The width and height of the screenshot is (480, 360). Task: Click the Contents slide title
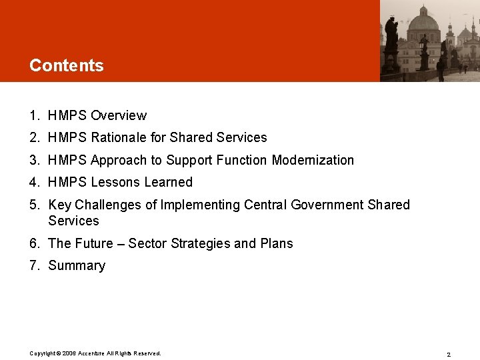(x=67, y=65)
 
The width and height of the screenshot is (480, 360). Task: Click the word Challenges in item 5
(x=110, y=205)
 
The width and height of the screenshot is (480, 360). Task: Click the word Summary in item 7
(x=77, y=265)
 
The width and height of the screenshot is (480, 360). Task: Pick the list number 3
(x=34, y=160)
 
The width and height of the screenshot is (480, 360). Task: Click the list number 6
(x=34, y=243)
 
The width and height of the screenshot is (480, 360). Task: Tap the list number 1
(x=34, y=115)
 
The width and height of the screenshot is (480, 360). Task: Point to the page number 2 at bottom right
(x=449, y=354)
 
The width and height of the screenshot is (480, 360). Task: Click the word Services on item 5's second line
(x=73, y=221)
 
